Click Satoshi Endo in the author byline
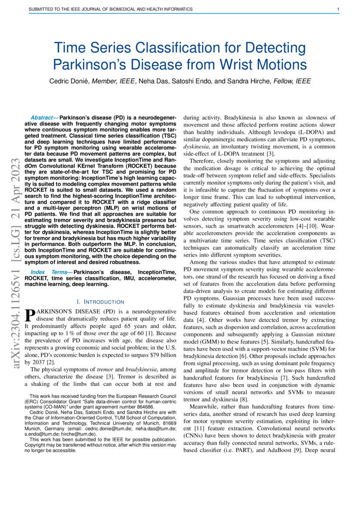pyautogui.click(x=208, y=81)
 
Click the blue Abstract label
pyautogui.click(x=44, y=118)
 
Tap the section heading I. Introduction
pyautogui.click(x=100, y=302)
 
